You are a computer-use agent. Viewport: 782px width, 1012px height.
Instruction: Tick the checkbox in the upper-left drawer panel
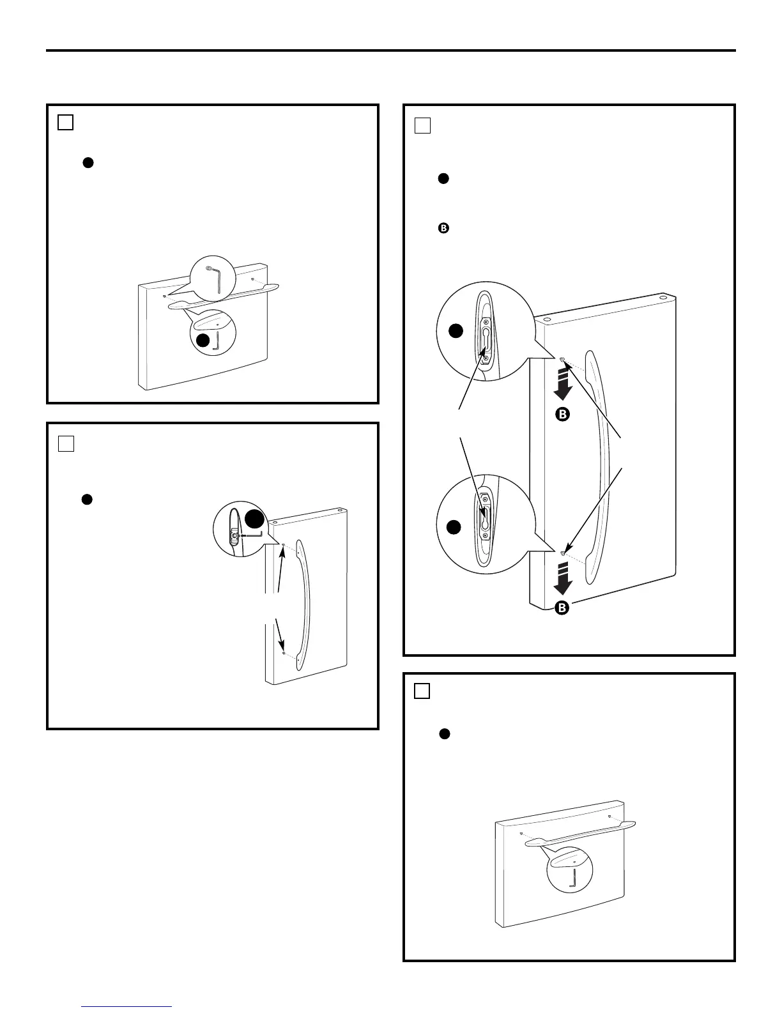65,122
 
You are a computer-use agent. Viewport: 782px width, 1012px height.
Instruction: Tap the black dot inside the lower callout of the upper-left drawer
203,341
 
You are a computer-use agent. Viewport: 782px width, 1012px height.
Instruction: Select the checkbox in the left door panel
65,443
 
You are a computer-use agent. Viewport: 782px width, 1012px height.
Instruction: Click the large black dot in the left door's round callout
254,519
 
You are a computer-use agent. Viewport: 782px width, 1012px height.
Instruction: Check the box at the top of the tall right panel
422,125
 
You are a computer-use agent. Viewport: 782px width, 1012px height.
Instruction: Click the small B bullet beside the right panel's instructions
443,227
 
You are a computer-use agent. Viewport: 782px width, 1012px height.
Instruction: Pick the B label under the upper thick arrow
561,415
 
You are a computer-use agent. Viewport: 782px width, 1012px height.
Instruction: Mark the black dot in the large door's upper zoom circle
455,330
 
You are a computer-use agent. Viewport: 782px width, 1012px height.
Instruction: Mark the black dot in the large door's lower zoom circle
454,527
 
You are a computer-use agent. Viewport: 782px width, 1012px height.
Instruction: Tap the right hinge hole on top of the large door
663,298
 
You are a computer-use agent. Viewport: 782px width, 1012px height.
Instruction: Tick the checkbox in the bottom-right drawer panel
422,691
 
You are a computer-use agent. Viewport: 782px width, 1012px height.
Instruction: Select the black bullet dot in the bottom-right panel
445,735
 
